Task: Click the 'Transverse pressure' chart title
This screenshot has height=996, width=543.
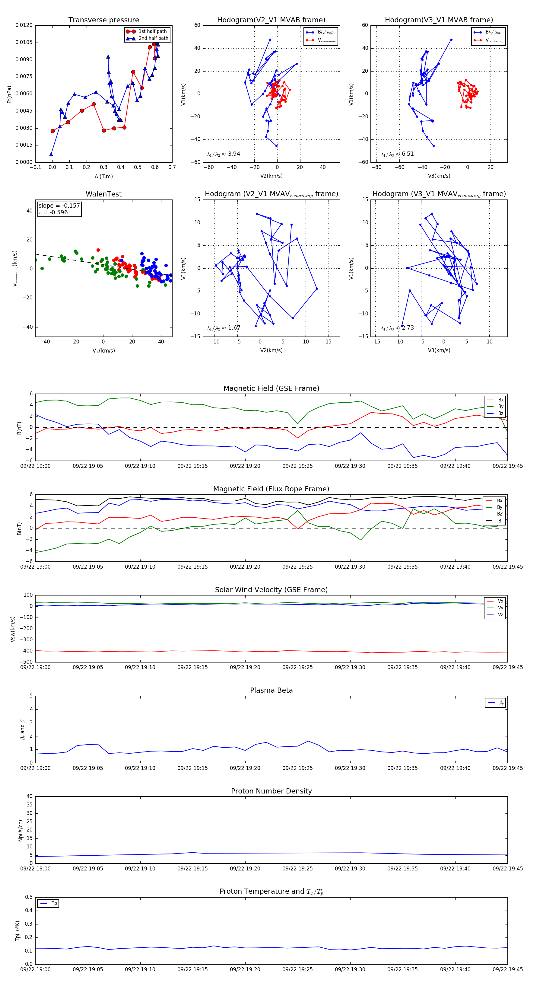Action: coord(103,20)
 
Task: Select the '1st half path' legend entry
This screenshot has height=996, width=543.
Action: coord(153,31)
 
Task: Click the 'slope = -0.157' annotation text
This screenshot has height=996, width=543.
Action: coord(59,206)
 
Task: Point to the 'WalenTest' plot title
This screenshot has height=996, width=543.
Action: coord(103,194)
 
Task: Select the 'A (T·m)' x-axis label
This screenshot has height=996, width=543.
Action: coord(103,177)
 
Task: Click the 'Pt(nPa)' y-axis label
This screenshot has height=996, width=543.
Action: coord(9,94)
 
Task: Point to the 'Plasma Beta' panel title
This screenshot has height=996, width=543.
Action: coord(271,691)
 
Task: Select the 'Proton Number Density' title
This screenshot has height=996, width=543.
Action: coord(271,791)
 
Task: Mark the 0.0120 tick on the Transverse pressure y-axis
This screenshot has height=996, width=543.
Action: coord(24,25)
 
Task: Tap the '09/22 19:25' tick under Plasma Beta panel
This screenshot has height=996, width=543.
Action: coord(297,768)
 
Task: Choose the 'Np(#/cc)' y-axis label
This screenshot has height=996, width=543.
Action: coord(21,831)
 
